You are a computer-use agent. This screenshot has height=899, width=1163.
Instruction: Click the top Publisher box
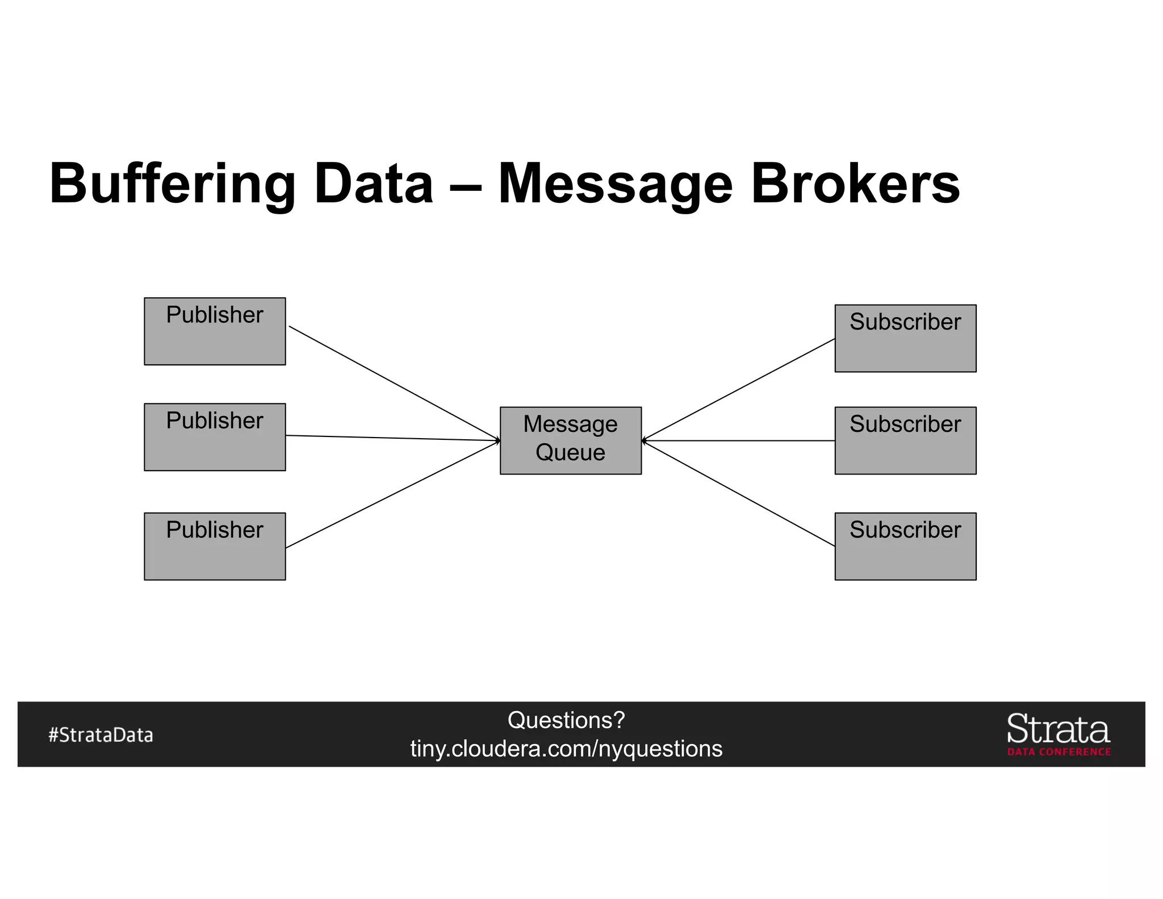point(215,331)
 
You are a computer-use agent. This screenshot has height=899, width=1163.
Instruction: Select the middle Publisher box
point(215,437)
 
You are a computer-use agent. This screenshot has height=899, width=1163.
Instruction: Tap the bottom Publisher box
point(215,546)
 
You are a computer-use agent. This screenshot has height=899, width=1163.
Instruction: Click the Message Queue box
point(570,440)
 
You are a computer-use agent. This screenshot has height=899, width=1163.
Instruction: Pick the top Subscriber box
point(905,339)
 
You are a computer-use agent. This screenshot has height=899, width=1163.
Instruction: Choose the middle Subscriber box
point(905,440)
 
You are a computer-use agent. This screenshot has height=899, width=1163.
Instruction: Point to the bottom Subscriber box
point(905,546)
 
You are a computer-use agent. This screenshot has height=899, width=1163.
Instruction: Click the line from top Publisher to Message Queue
point(394,383)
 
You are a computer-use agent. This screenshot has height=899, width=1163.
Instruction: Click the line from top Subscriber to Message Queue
point(738,390)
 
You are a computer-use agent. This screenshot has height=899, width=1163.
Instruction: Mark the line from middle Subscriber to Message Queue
point(738,440)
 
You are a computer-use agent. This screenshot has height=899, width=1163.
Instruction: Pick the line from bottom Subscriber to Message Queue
point(738,493)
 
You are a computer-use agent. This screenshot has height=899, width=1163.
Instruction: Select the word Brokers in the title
point(855,184)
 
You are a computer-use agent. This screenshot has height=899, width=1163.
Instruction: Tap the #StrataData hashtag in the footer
point(101,735)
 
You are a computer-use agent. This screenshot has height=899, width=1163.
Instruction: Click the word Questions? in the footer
point(566,720)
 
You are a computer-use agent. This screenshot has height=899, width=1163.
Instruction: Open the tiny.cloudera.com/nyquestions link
point(566,749)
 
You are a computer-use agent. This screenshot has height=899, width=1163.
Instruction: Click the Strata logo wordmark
point(1058,729)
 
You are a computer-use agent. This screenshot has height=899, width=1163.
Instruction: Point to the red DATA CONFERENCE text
point(1059,752)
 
